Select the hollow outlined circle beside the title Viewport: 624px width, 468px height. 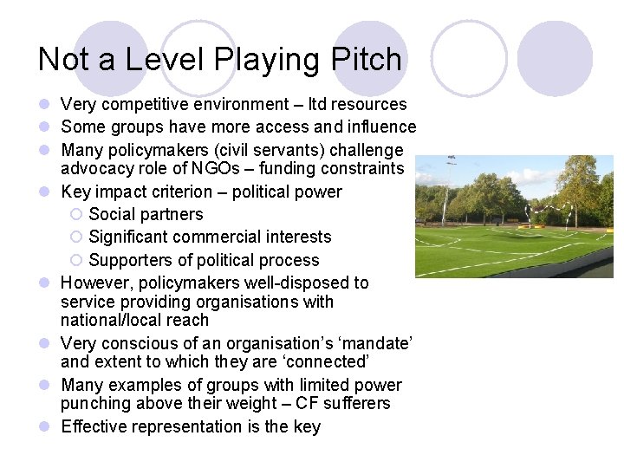(x=468, y=58)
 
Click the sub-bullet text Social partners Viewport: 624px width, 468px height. (x=146, y=214)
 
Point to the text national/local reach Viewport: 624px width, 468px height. (x=134, y=321)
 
